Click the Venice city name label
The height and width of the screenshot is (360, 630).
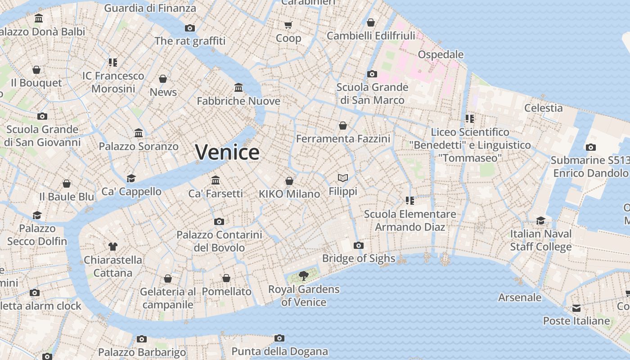coord(227,152)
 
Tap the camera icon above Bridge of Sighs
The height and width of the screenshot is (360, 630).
coord(359,245)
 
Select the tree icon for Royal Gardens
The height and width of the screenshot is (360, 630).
coord(304,276)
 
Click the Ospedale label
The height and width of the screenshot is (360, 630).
coord(441,54)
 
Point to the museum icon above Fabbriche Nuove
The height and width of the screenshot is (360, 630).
coord(238,87)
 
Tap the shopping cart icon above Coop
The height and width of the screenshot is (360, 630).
coord(288,25)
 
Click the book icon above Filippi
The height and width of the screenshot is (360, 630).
coord(343,178)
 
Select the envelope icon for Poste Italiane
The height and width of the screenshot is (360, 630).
coord(576,308)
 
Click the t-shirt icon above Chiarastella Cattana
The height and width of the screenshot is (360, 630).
coord(112,247)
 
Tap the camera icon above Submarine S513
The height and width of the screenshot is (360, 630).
coord(590,147)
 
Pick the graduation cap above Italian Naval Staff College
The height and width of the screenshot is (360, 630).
coord(540,220)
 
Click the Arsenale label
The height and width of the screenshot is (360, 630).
coord(520,297)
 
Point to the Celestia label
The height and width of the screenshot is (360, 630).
coord(543,108)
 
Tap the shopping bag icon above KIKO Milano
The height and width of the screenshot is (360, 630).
coord(289,181)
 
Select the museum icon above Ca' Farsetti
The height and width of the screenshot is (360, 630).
coord(216,180)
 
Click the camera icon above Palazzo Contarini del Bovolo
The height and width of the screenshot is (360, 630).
coord(219,221)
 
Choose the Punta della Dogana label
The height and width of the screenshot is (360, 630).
coord(279,351)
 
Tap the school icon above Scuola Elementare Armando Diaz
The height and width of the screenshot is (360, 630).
coord(409,200)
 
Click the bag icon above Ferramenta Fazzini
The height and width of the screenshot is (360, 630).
coord(343,125)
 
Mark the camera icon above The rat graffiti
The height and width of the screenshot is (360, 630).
coord(190,28)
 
